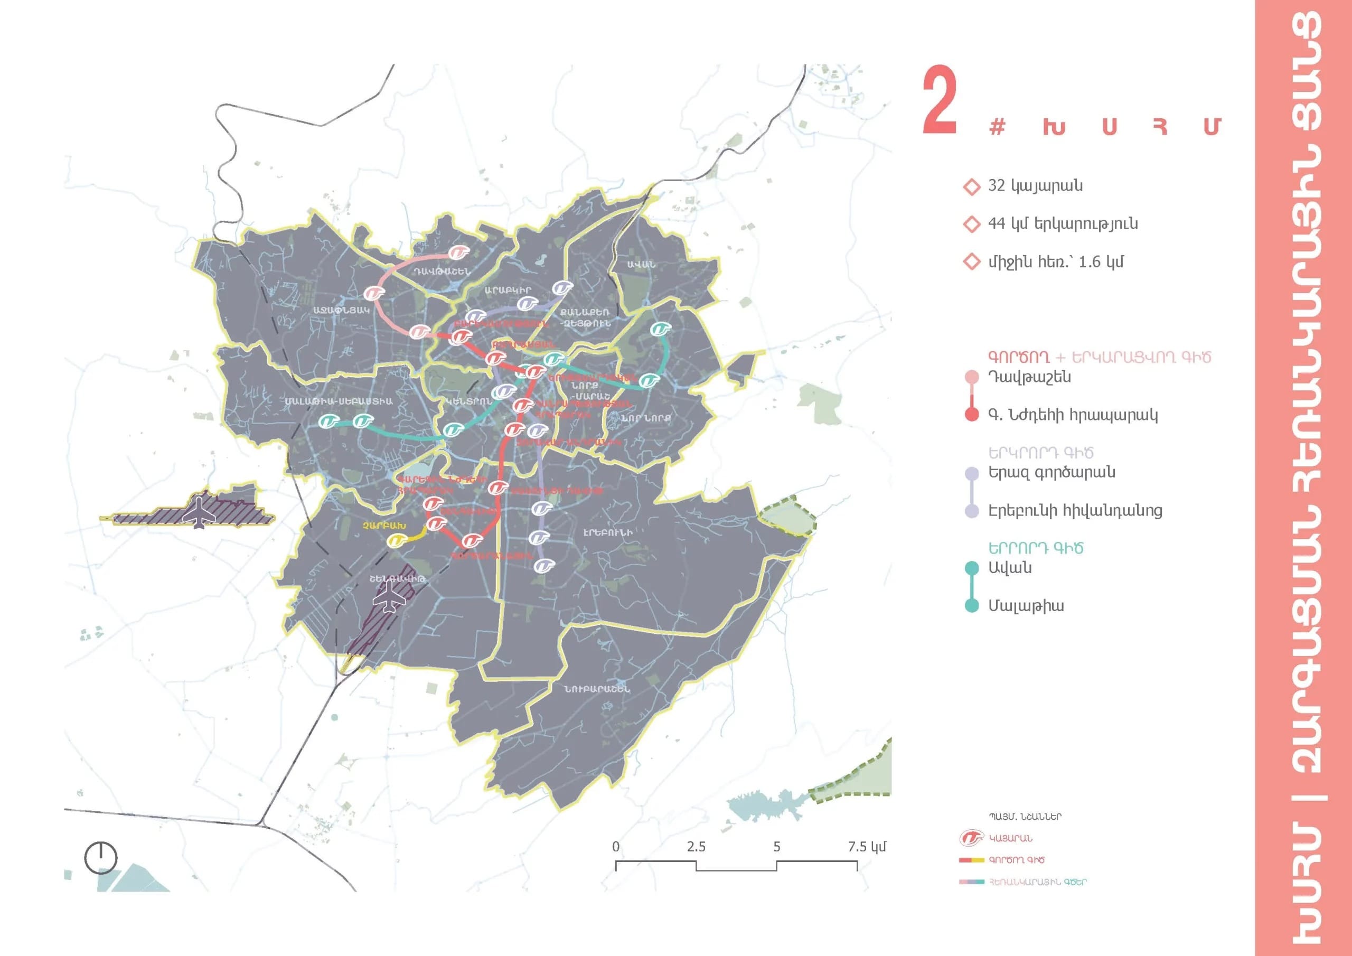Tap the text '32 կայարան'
pos(1035,185)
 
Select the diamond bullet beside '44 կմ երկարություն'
pos(971,224)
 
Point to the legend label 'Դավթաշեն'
pos(1029,377)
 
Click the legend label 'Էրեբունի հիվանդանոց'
pos(1075,510)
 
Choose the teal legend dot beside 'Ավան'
pos(972,568)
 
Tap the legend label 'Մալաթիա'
pos(1025,605)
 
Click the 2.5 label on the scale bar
pos(696,847)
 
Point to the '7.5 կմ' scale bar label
pos(866,847)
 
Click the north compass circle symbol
pos(101,858)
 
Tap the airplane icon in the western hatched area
pos(200,512)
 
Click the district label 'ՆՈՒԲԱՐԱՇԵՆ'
pos(596,689)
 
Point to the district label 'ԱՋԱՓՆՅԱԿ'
pos(342,310)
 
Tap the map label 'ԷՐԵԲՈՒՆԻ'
pos(608,532)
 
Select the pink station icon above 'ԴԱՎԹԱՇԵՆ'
pos(458,252)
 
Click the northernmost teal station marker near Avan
pos(661,329)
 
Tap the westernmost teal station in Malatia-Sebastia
pos(328,421)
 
